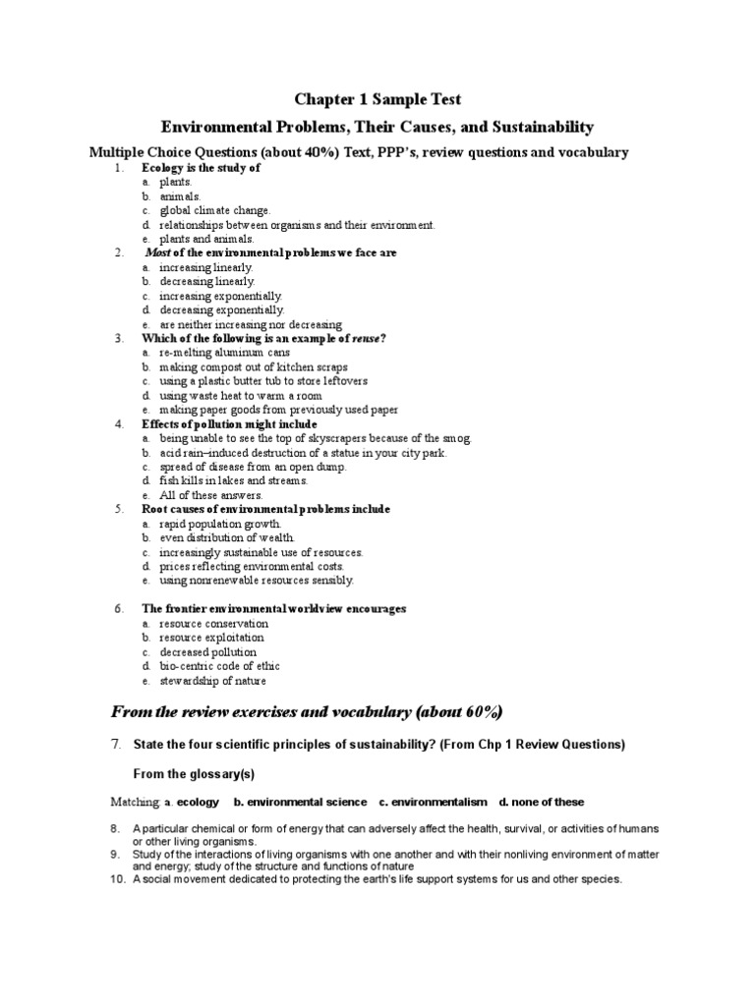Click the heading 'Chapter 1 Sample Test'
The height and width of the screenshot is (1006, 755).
click(378, 99)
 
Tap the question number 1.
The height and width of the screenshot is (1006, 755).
click(118, 168)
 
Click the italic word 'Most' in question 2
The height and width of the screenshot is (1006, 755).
click(157, 252)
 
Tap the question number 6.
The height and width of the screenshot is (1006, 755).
click(118, 609)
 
